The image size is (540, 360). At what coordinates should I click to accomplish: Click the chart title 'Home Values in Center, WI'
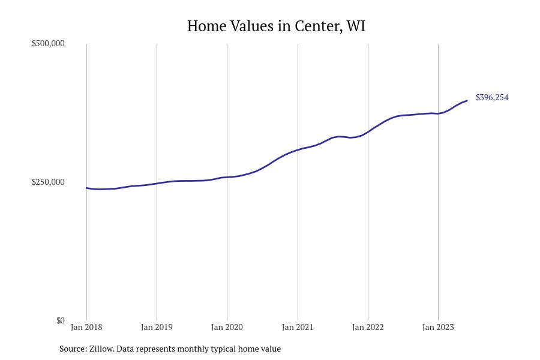276,26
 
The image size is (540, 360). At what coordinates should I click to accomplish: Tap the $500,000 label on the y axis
48,44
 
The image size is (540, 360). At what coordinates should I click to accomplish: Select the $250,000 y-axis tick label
48,182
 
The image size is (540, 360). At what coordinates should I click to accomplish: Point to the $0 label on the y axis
60,320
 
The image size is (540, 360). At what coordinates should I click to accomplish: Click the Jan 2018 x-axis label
86,328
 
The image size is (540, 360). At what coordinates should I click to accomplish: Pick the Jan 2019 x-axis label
157,328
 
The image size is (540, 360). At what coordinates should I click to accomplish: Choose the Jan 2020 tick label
227,328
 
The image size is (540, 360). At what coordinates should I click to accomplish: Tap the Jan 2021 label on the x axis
298,328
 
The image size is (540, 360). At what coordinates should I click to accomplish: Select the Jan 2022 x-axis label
368,328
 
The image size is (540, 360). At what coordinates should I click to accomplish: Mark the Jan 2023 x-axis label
438,328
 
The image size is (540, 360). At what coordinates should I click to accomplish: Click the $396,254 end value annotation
492,98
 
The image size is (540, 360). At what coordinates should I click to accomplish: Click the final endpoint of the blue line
467,101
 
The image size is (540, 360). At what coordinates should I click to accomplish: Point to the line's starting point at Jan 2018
86,188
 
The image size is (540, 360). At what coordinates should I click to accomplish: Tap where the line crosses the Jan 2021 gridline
298,149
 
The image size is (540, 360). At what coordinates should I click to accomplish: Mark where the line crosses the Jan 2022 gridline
368,131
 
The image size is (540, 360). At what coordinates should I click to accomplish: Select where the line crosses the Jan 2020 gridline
227,177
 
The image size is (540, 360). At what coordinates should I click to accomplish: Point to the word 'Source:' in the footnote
73,349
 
